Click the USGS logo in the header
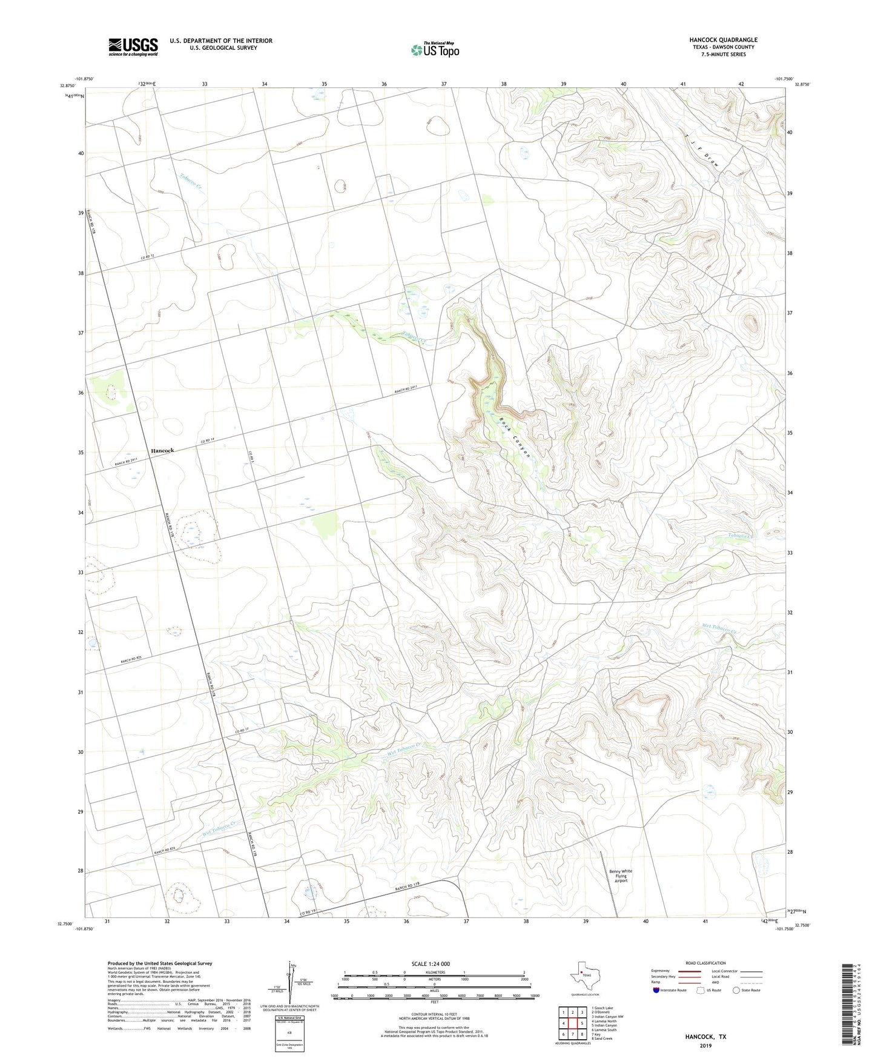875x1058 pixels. pyautogui.click(x=133, y=46)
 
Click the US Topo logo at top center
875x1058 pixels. pyautogui.click(x=435, y=49)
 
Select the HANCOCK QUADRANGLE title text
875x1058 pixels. pyautogui.click(x=723, y=40)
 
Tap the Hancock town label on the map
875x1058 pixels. pyautogui.click(x=162, y=450)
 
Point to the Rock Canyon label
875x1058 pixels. pyautogui.click(x=515, y=438)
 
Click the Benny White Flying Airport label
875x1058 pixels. pyautogui.click(x=621, y=876)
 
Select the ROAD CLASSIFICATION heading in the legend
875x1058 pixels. pyautogui.click(x=705, y=963)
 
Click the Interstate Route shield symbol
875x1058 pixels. pyautogui.click(x=657, y=990)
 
